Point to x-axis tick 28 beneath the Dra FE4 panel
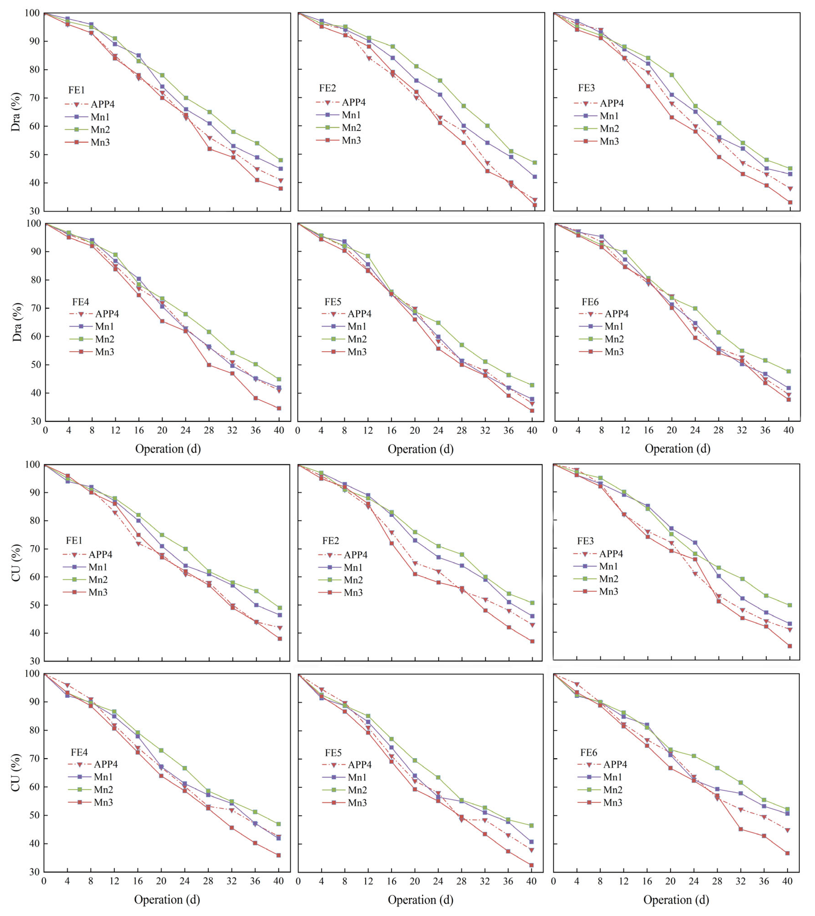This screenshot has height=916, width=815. click(209, 430)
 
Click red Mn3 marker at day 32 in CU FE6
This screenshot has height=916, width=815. click(741, 829)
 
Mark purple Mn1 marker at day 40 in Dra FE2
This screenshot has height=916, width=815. click(534, 177)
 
